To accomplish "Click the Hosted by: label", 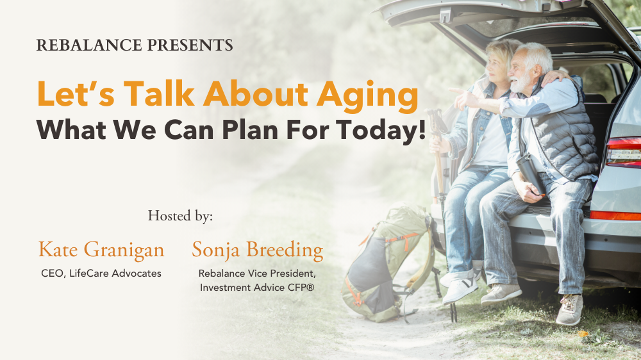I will (x=180, y=216).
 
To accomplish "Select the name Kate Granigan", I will (x=101, y=250).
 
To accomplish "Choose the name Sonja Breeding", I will (x=258, y=250).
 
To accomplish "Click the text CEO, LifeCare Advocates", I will (x=101, y=274).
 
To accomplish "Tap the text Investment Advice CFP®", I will (x=257, y=288).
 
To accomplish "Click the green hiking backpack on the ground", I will (x=383, y=263).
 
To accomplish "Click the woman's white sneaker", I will (x=460, y=290).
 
